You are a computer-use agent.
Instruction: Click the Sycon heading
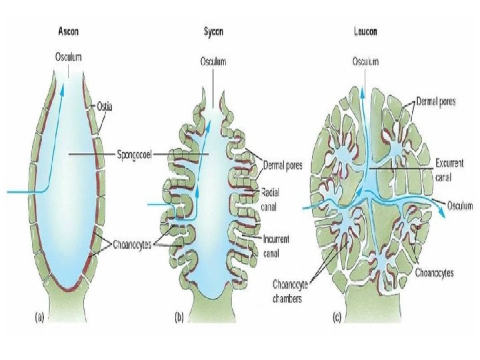[213, 31]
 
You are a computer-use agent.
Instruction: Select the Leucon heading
[365, 31]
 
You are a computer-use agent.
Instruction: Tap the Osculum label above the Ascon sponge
[68, 57]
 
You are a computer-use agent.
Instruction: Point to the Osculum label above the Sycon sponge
[213, 61]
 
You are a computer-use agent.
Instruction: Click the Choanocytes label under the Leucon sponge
[435, 273]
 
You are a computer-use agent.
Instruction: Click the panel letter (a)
[39, 319]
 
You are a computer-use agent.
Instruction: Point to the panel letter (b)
[179, 319]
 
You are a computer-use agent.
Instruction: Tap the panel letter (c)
[336, 319]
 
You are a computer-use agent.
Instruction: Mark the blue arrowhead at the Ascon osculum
[64, 92]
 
